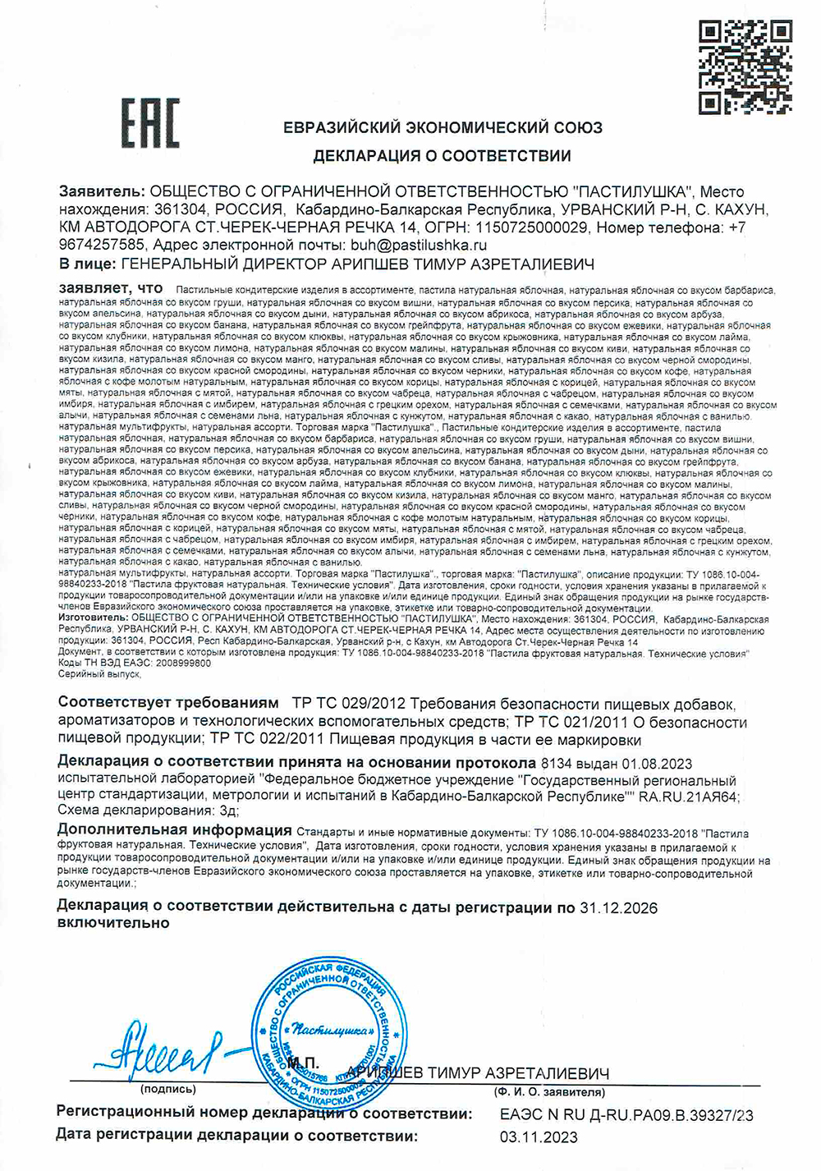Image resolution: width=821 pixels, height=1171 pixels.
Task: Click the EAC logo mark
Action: [150, 123]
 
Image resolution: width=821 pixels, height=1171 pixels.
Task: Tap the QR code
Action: [745, 67]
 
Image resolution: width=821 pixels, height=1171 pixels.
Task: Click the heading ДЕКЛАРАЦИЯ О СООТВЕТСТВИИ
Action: [442, 156]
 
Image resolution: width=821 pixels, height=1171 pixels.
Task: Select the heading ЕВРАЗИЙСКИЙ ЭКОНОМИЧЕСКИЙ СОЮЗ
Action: [443, 128]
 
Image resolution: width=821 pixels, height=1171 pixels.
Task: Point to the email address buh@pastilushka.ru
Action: [418, 245]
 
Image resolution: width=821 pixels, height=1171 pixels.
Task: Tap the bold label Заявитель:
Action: [101, 192]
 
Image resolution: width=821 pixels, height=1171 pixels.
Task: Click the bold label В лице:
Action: [87, 264]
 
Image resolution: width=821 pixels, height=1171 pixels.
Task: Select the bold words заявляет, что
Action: [111, 289]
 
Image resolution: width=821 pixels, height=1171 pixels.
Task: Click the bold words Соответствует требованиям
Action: [169, 704]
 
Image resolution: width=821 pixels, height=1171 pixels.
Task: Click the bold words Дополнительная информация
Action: [175, 830]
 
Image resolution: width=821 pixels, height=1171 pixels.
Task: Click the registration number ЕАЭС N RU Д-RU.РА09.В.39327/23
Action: [626, 1115]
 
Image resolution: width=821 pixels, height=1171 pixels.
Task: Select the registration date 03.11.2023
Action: [539, 1137]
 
